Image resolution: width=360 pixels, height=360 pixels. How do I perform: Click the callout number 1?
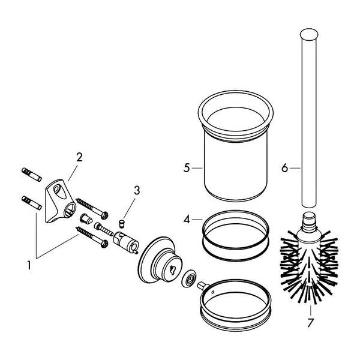(29, 265)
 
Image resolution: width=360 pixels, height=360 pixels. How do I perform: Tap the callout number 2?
(79, 157)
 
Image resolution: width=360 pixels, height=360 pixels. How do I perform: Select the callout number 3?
(137, 190)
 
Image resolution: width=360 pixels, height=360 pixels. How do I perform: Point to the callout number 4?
(187, 220)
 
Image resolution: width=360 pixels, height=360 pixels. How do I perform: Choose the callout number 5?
(187, 168)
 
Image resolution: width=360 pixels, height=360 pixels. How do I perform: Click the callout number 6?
(284, 168)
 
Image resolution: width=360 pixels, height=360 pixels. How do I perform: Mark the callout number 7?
(310, 323)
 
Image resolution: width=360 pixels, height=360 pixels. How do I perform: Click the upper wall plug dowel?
(32, 175)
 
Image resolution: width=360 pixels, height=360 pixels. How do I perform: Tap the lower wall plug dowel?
(32, 203)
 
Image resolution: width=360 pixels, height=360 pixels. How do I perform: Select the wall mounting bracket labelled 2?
(60, 201)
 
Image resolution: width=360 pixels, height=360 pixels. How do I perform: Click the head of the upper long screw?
(104, 215)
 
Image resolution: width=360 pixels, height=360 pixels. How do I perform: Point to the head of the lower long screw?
(104, 244)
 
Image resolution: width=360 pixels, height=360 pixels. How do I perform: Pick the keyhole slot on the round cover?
(171, 269)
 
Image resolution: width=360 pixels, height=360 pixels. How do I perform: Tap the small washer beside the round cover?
(189, 278)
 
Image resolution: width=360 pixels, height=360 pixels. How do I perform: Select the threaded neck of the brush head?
(309, 221)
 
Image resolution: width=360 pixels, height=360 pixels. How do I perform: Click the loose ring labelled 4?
(236, 236)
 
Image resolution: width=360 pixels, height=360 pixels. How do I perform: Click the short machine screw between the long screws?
(104, 229)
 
